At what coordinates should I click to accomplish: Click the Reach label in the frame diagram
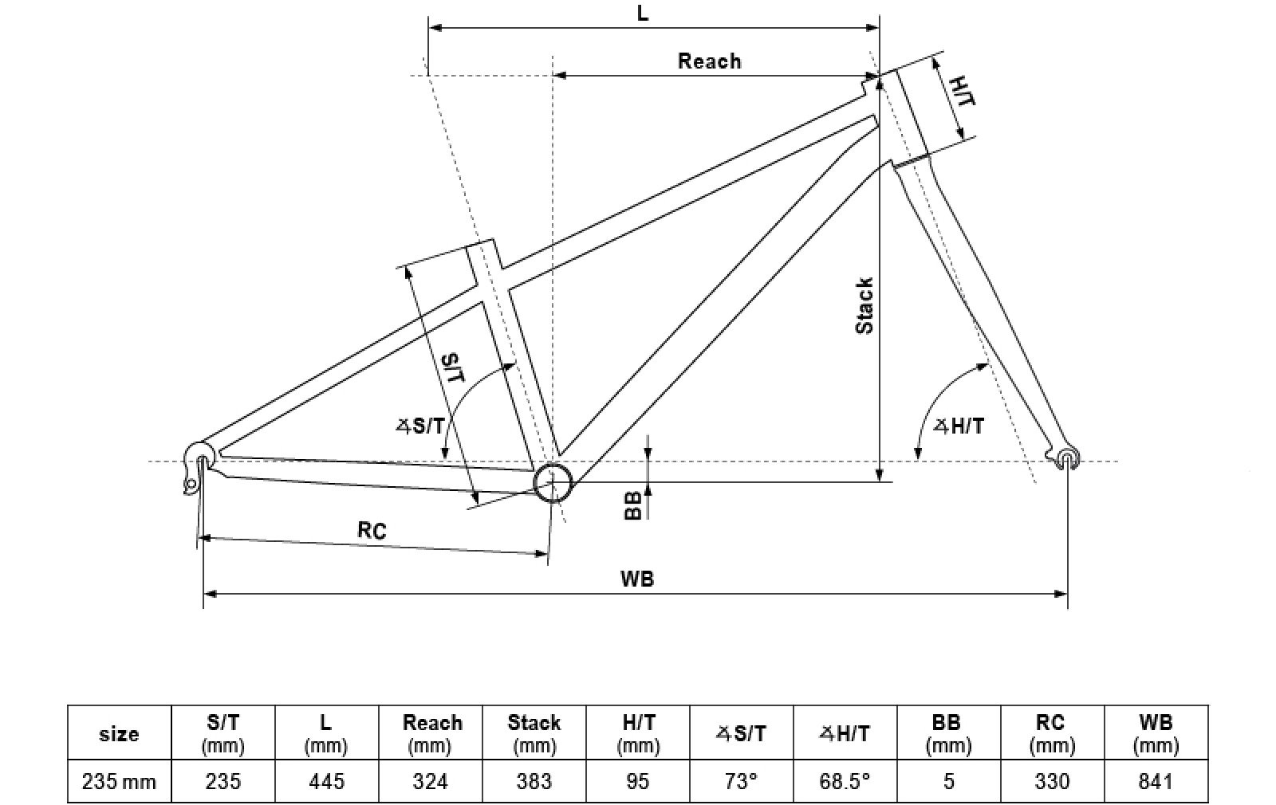[x=709, y=61]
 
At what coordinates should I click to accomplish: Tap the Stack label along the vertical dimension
[x=864, y=305]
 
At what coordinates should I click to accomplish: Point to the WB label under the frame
[x=636, y=579]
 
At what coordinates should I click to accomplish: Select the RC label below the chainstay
[x=372, y=530]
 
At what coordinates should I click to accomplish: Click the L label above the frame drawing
[x=643, y=14]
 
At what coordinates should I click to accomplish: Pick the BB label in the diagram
[x=632, y=505]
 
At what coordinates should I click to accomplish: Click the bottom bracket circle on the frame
[x=553, y=481]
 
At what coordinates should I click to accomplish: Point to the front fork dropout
[x=1067, y=457]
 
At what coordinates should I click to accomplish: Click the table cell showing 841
[x=1156, y=781]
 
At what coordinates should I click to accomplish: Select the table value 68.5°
[x=844, y=781]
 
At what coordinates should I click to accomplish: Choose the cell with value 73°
[x=741, y=781]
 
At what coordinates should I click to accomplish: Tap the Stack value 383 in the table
[x=534, y=781]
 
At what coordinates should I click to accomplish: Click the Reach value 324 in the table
[x=431, y=781]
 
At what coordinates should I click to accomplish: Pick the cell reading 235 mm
[x=119, y=781]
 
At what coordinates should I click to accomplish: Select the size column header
[x=119, y=733]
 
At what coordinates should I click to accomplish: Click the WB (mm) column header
[x=1156, y=733]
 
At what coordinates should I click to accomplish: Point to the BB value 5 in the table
[x=948, y=781]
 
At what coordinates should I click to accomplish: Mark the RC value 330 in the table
[x=1051, y=781]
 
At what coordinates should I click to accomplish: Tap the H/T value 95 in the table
[x=638, y=781]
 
